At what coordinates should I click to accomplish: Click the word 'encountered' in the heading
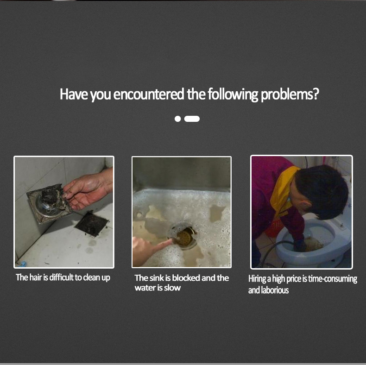tap(148, 94)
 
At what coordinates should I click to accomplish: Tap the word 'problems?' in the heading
tap(290, 94)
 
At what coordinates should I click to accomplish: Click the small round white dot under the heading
tap(177, 119)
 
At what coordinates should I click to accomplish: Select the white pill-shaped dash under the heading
tap(192, 119)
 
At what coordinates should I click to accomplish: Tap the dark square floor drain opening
tap(92, 224)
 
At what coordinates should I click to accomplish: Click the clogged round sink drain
tap(184, 237)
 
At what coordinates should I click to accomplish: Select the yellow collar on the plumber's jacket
tap(283, 191)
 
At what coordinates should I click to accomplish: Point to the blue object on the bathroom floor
tap(23, 264)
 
